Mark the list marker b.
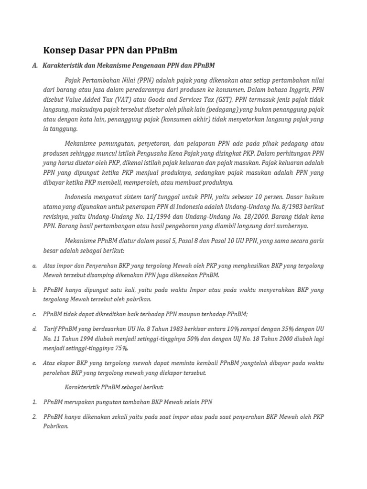tap(35, 290)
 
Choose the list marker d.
tap(35, 329)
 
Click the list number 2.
tap(35, 417)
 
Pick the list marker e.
tap(35, 363)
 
